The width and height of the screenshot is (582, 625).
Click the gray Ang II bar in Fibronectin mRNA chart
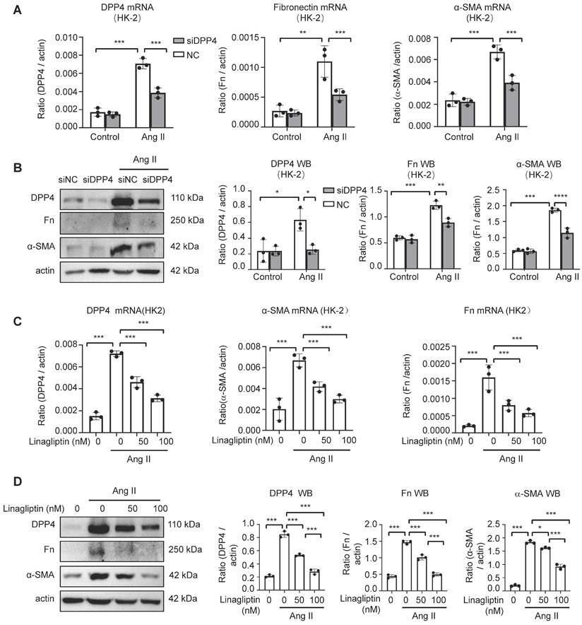[339, 110]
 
